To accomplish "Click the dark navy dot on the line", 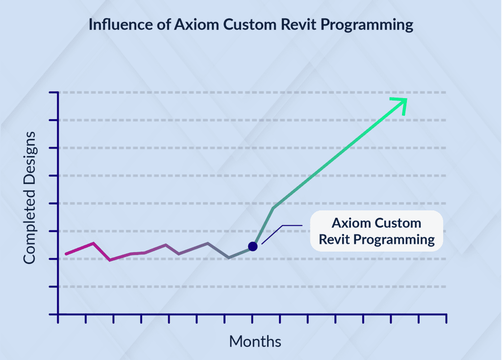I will pos(252,246).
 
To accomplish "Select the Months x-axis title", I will pos(255,341).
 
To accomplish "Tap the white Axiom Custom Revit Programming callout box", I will pos(376,231).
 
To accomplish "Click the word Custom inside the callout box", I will pos(398,223).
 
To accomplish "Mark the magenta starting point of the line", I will pos(66,254).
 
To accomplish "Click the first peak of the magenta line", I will pos(93,243).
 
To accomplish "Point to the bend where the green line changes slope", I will pos(273,208).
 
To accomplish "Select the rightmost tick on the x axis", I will pos(446,319).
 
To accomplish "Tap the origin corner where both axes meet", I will pos(58,314).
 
